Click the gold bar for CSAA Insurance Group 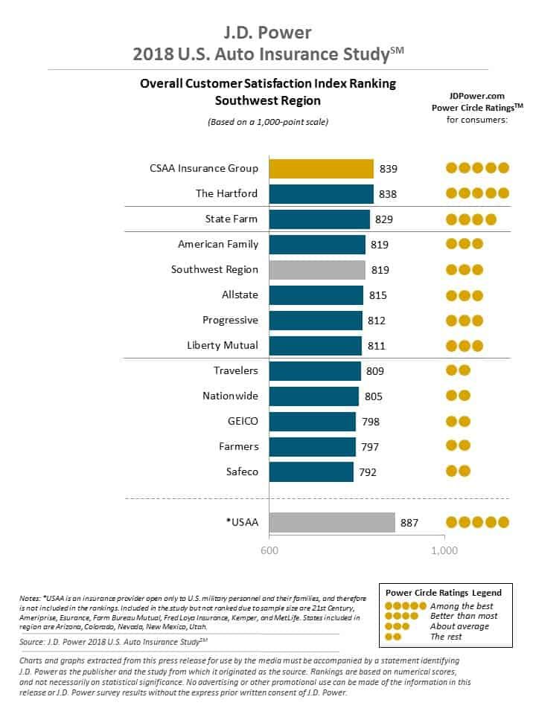click(x=321, y=169)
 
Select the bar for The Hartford click(x=321, y=194)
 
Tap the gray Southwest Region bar click(x=316, y=270)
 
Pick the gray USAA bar click(x=331, y=522)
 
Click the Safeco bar click(x=310, y=472)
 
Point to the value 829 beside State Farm click(x=384, y=219)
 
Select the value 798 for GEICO click(x=370, y=422)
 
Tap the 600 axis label click(x=269, y=551)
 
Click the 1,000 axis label click(x=444, y=551)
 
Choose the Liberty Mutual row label click(x=223, y=345)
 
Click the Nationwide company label click(x=230, y=396)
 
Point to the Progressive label click(x=230, y=320)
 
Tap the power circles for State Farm click(x=470, y=219)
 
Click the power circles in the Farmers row click(x=458, y=446)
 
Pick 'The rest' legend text click(x=447, y=637)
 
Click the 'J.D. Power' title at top click(x=267, y=32)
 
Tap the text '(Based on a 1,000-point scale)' click(x=267, y=121)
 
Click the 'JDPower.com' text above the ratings click(x=476, y=95)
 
